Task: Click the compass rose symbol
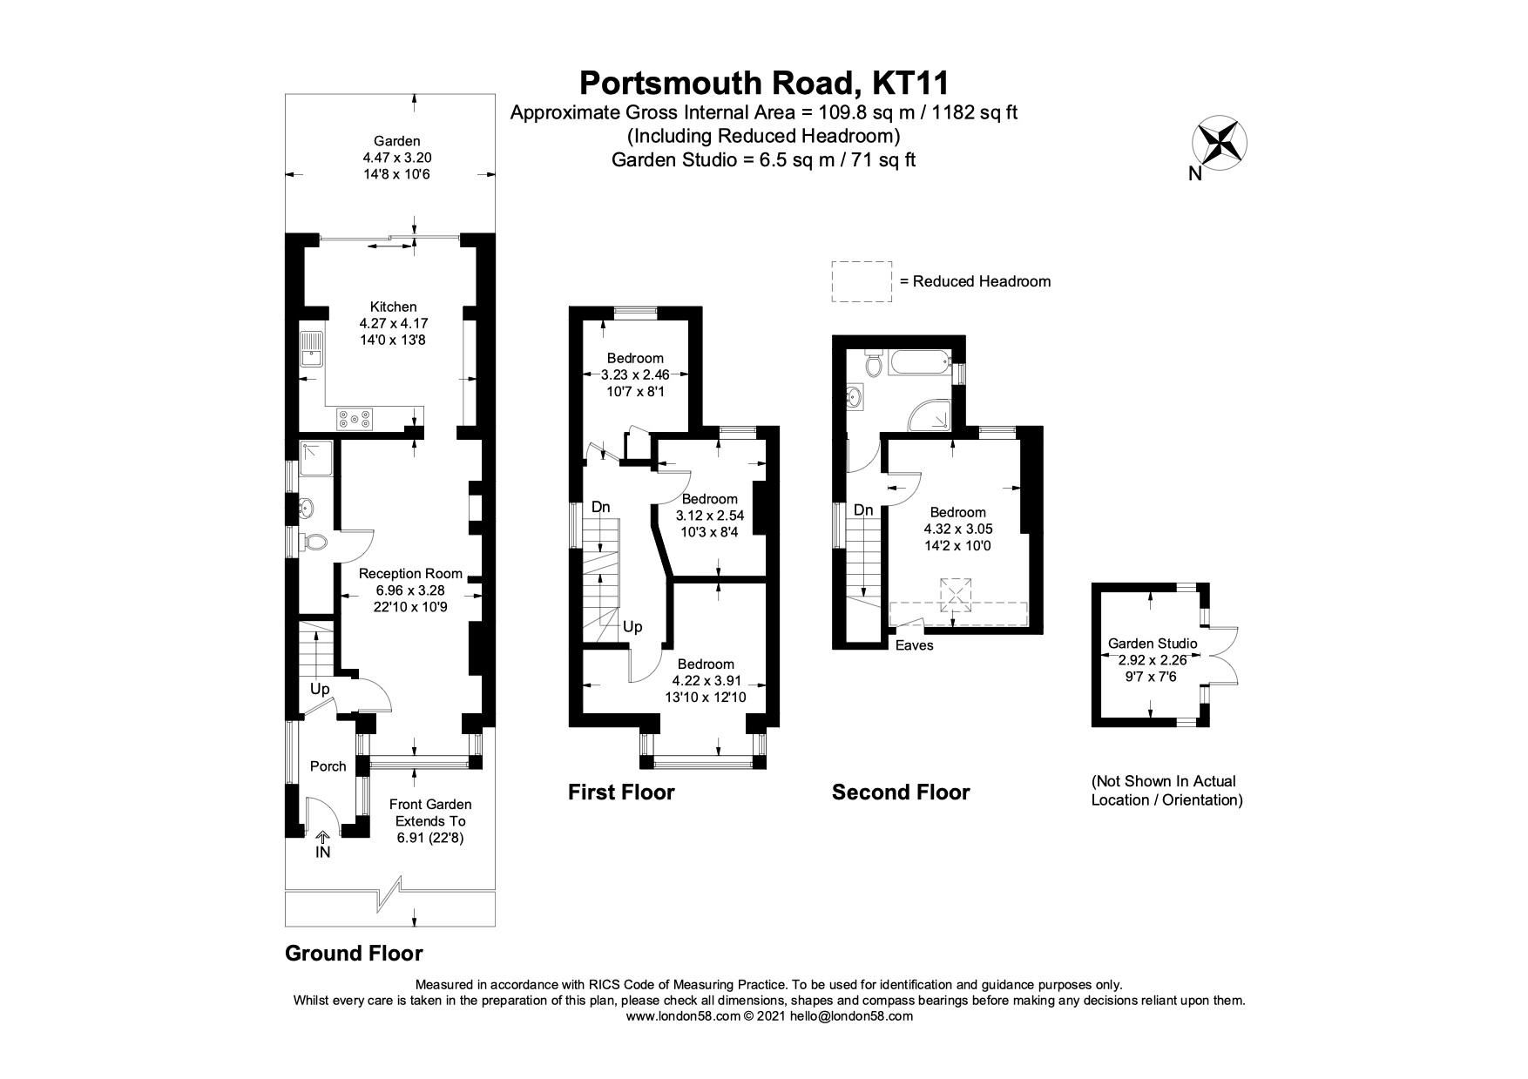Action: coord(1220,142)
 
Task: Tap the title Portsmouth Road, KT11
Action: coord(763,83)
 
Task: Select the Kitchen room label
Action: coord(393,307)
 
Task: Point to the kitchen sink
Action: coord(310,350)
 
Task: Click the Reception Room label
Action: coord(410,573)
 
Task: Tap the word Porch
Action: coord(328,766)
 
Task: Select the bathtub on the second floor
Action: coord(917,363)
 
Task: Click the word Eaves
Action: coord(914,645)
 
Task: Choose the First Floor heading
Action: coord(621,792)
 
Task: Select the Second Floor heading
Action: coord(900,792)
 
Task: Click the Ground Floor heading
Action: coord(354,954)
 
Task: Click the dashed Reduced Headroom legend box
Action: coord(862,281)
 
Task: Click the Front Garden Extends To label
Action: coord(430,813)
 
